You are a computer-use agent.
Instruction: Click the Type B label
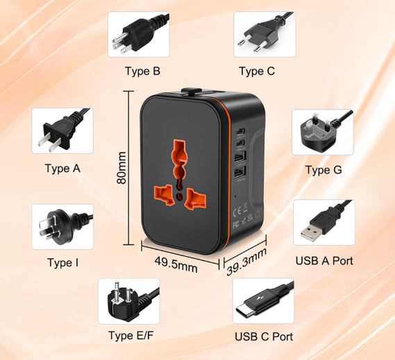142,71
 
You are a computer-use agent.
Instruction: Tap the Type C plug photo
264,34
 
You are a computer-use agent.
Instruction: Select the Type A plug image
62,131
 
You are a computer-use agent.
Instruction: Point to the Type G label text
323,170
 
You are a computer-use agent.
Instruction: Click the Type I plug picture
62,227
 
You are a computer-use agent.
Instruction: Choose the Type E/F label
131,336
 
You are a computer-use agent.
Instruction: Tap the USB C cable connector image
263,301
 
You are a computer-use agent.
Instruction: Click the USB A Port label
324,261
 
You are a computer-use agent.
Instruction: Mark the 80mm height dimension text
121,168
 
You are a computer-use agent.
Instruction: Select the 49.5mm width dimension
176,264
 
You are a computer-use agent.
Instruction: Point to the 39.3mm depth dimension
246,262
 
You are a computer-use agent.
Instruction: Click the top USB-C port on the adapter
240,132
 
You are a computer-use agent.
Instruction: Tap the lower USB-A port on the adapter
240,173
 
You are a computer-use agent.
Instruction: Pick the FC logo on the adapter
236,225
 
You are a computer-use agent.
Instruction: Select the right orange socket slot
195,199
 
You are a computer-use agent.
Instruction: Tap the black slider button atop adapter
190,90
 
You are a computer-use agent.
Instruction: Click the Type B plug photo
139,34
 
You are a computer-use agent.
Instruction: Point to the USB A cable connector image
324,222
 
